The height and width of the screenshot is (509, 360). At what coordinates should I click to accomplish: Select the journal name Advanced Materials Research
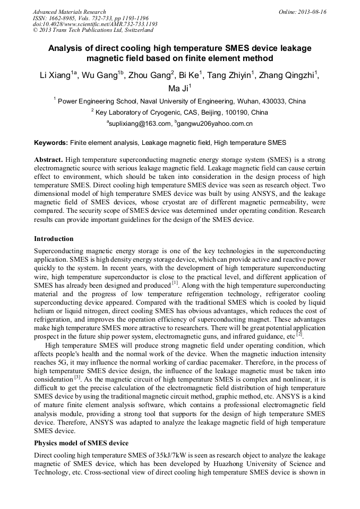(69, 11)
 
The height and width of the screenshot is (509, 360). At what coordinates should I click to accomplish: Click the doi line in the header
(95, 24)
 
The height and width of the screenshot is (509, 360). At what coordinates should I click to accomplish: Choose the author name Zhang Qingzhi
(289, 75)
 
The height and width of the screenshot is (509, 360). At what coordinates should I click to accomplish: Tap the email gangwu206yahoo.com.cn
(215, 124)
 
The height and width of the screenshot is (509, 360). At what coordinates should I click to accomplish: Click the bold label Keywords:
(50, 143)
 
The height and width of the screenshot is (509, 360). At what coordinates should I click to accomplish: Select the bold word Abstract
(49, 160)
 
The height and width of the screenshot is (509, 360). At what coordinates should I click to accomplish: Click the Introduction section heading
(54, 238)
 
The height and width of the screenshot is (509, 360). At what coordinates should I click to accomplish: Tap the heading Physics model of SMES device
(81, 443)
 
